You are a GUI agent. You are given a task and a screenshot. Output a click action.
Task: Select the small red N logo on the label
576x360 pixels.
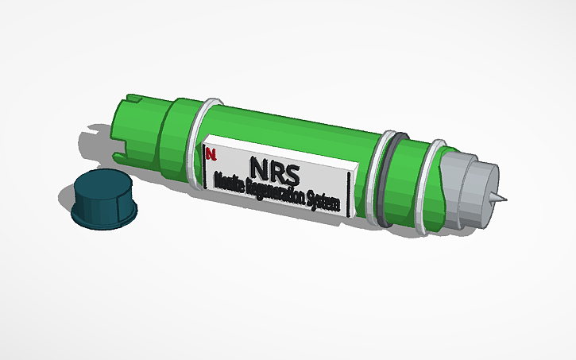[x=209, y=153]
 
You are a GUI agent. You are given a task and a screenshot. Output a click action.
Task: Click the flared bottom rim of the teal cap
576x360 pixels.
[x=103, y=217]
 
